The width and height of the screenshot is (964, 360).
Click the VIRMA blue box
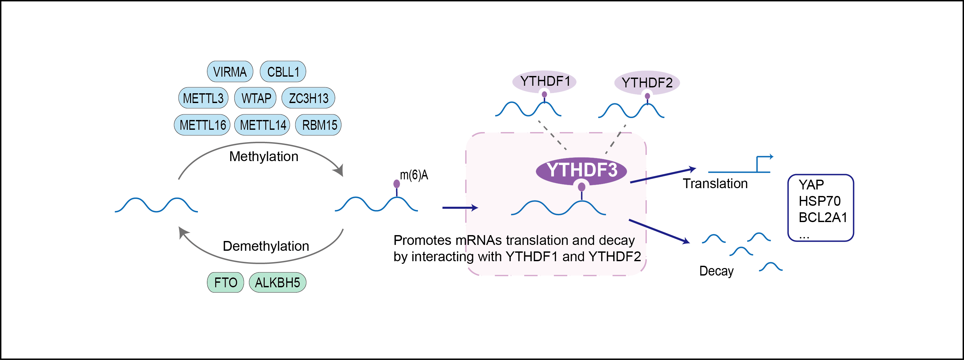click(230, 71)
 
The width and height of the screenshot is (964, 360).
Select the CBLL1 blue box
click(283, 71)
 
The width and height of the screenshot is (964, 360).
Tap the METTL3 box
click(203, 98)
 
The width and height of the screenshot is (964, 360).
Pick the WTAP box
click(256, 98)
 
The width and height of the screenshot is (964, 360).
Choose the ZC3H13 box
click(308, 98)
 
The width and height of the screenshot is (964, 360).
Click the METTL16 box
click(202, 125)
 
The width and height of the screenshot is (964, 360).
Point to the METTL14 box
click(262, 125)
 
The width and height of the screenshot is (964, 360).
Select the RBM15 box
click(319, 125)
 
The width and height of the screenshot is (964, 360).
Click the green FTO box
click(225, 282)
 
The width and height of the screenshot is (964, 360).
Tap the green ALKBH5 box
click(277, 282)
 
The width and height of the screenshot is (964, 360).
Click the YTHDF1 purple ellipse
click(544, 81)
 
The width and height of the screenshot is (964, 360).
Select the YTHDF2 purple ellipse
click(647, 82)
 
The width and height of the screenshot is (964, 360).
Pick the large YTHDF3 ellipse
click(581, 170)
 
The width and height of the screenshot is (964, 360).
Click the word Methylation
click(264, 157)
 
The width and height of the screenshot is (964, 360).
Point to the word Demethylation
click(266, 246)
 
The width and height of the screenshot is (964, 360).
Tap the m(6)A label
click(414, 175)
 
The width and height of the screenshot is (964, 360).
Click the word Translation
click(715, 183)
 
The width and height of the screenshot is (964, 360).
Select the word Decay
click(716, 271)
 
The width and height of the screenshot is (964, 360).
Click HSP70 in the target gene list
click(820, 201)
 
